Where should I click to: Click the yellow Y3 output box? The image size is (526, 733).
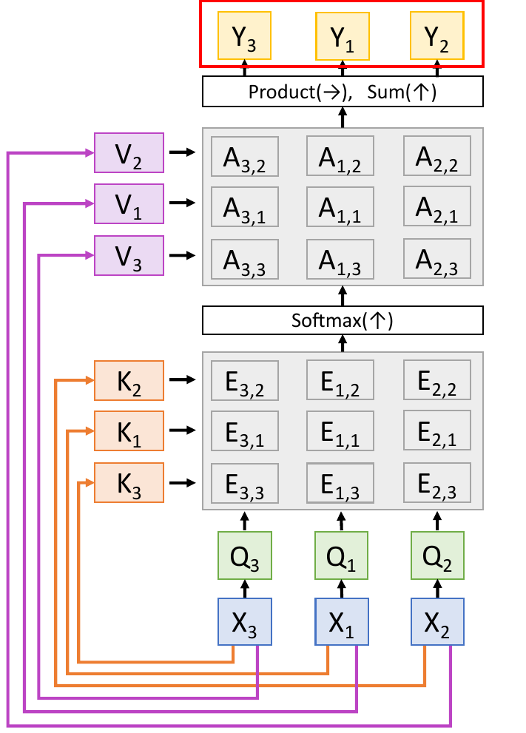[x=244, y=37]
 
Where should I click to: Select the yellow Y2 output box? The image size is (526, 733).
[x=437, y=37]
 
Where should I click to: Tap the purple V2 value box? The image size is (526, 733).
[x=129, y=152]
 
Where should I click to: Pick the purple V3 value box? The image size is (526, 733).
[x=129, y=255]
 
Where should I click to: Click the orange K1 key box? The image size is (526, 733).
[x=129, y=430]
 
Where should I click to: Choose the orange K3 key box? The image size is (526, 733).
[x=129, y=483]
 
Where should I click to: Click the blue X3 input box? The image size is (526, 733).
[x=244, y=623]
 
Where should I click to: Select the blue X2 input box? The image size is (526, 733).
[x=437, y=623]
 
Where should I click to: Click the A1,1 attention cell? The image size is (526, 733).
[x=340, y=206]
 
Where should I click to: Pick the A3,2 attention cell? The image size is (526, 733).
[x=244, y=156]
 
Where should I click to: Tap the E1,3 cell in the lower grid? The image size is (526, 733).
[x=340, y=483]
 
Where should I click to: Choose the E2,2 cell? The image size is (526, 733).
[x=436, y=380]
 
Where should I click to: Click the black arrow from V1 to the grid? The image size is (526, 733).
[x=182, y=203]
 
